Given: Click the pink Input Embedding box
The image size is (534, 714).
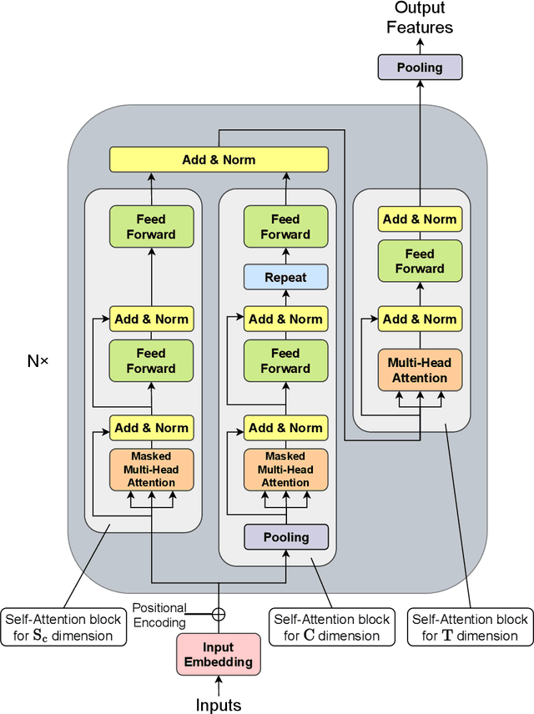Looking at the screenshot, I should point(218,655).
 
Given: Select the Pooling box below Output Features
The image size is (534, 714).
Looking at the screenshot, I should point(420,68).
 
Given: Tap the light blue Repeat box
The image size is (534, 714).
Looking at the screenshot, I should point(285,277).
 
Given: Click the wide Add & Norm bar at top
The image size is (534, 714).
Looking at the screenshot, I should point(219,159).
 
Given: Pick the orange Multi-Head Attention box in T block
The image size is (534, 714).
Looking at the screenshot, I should point(420,370).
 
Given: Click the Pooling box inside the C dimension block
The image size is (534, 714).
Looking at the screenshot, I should point(285,537).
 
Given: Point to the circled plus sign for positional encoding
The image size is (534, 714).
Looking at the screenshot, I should point(219,615).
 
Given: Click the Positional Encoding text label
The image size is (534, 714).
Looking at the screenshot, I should point(159,615).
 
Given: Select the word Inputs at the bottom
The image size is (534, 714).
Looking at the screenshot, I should point(218,705).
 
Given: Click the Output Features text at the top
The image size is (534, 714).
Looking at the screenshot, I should point(420,18).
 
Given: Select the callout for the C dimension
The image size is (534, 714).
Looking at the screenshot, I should point(331,627).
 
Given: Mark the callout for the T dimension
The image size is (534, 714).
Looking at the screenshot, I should point(470,627).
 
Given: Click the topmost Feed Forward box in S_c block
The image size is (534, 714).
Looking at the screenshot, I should point(151,227).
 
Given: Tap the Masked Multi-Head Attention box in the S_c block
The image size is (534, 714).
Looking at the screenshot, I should point(151,470).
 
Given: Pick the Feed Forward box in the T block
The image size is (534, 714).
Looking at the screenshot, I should point(420,261).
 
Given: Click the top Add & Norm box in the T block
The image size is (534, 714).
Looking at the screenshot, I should point(420,219).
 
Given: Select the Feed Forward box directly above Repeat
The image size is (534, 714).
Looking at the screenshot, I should point(285,227).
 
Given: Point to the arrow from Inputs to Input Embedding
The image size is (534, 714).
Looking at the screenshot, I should point(219,686).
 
